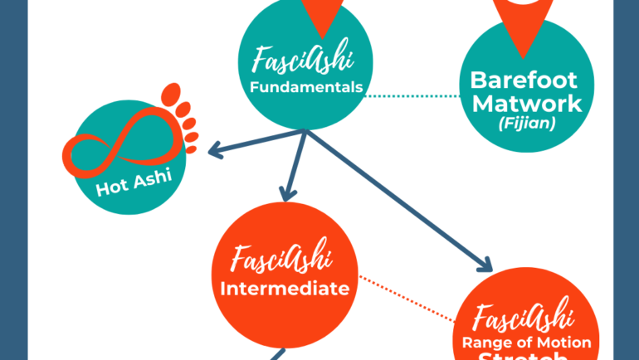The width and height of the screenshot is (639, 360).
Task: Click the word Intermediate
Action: coord(284,289)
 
